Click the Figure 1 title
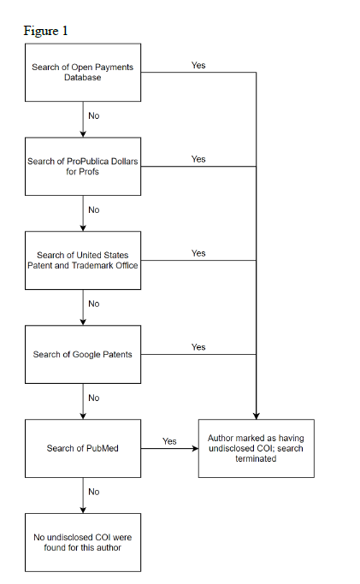(x=45, y=31)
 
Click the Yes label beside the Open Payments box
(x=198, y=65)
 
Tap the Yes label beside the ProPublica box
(x=198, y=159)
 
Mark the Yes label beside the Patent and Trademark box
(x=198, y=253)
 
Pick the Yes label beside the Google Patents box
(x=198, y=347)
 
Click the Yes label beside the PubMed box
(x=169, y=441)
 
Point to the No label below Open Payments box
(x=94, y=115)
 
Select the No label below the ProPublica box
(x=94, y=209)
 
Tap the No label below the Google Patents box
(x=94, y=398)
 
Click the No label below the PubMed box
(x=94, y=492)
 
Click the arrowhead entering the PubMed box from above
(x=83, y=416)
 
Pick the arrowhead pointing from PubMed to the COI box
(x=195, y=448)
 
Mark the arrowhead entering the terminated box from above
(x=257, y=416)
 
